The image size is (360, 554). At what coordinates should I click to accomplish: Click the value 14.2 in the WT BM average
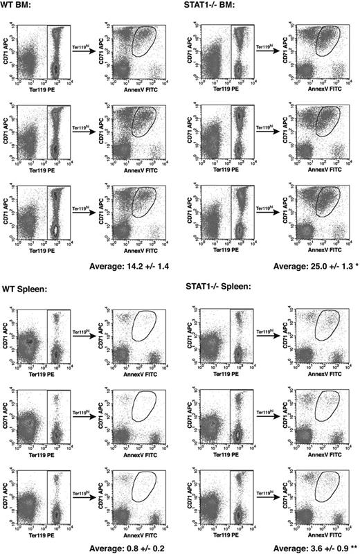click(135, 265)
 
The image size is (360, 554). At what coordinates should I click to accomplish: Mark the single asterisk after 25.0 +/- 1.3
click(350, 265)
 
